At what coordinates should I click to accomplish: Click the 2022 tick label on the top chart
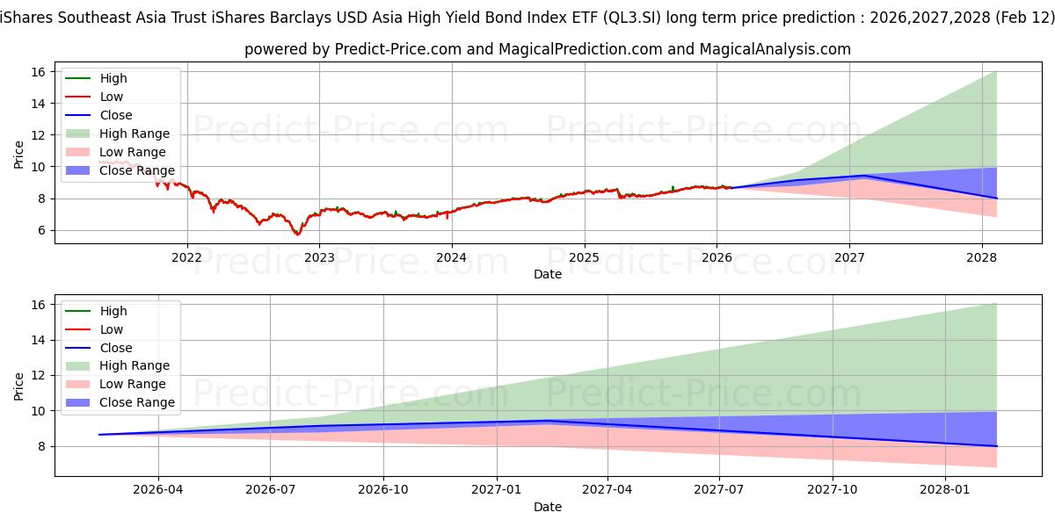pyautogui.click(x=186, y=257)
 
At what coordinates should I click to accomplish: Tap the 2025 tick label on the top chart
pyautogui.click(x=584, y=257)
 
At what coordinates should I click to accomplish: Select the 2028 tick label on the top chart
pyautogui.click(x=981, y=257)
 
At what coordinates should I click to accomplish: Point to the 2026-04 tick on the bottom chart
pyautogui.click(x=158, y=490)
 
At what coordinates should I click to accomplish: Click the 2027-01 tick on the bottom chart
pyautogui.click(x=497, y=490)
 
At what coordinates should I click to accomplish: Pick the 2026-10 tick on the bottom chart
pyautogui.click(x=384, y=490)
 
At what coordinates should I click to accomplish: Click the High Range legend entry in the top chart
pyautogui.click(x=135, y=134)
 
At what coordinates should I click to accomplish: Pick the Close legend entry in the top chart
pyautogui.click(x=116, y=115)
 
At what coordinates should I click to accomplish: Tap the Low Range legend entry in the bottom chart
pyautogui.click(x=133, y=384)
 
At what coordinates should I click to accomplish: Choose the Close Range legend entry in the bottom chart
pyautogui.click(x=137, y=402)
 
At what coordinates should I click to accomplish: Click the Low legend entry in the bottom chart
pyautogui.click(x=112, y=329)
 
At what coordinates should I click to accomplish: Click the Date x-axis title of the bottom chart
pyautogui.click(x=547, y=507)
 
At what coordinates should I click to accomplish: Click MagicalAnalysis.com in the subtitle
pyautogui.click(x=775, y=49)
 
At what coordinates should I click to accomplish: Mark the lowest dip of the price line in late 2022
pyautogui.click(x=298, y=235)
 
